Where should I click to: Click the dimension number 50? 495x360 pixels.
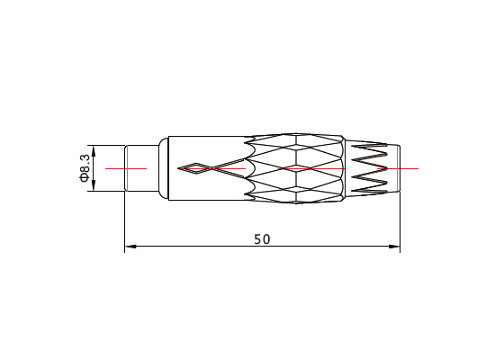[262, 239]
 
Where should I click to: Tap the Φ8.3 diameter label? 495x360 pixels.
[85, 167]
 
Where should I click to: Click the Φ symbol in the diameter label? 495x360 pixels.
[85, 178]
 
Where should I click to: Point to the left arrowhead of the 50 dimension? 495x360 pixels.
[130, 247]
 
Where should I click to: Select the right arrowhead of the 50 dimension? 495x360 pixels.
[394, 247]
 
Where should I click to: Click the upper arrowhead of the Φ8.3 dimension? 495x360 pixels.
[94, 151]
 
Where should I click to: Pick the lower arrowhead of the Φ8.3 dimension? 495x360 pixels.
[94, 185]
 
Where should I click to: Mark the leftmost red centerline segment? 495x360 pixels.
[126, 168]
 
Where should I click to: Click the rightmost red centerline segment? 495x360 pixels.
[398, 168]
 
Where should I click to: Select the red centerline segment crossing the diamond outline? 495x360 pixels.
[212, 168]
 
